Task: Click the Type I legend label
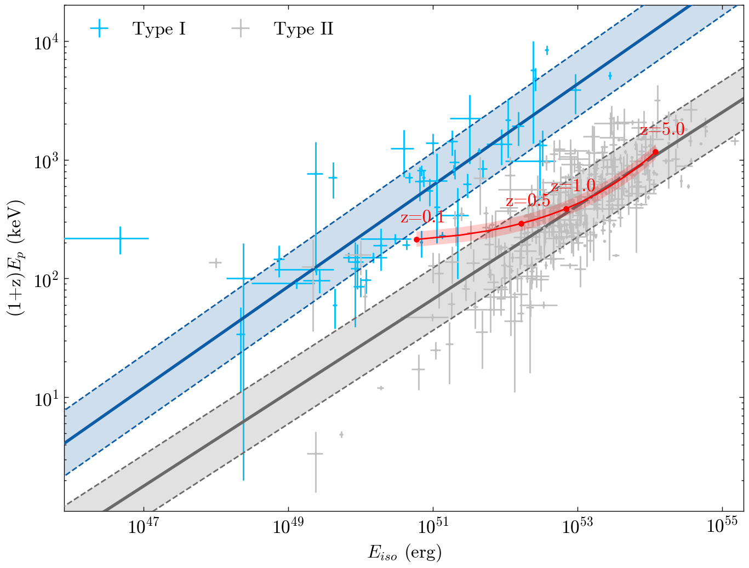tap(159, 29)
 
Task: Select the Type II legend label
tap(304, 29)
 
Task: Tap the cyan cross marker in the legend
tap(99, 29)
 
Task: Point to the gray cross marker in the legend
tap(241, 29)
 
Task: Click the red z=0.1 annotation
tap(422, 217)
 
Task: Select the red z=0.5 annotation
tap(528, 201)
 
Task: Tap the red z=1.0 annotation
tap(573, 186)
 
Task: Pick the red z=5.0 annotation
tap(662, 130)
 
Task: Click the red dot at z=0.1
tap(416, 239)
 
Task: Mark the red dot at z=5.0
tap(655, 152)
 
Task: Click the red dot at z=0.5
tap(521, 223)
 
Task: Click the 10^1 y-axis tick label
tap(46, 398)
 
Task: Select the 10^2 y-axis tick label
tap(46, 279)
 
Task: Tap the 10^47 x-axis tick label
tap(144, 527)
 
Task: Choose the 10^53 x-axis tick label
tap(578, 527)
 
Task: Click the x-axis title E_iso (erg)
tap(404, 553)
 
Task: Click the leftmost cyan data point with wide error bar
tap(120, 238)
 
